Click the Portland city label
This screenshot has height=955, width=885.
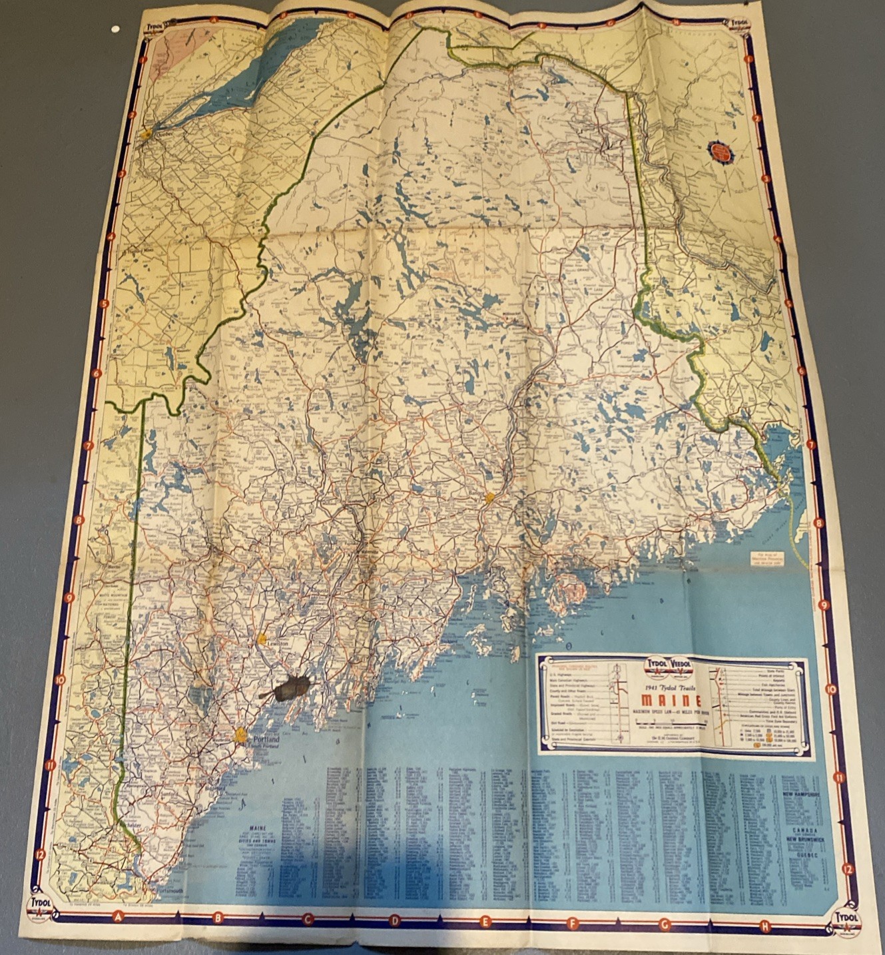pyautogui.click(x=266, y=740)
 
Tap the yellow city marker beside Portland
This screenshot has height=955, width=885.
pyautogui.click(x=241, y=735)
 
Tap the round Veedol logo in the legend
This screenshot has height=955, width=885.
pyautogui.click(x=682, y=665)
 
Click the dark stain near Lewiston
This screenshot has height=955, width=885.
pyautogui.click(x=290, y=688)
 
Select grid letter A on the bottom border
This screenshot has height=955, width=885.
pyautogui.click(x=119, y=916)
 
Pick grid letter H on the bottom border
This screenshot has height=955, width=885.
pyautogui.click(x=764, y=926)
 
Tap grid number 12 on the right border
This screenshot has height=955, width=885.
pyautogui.click(x=847, y=868)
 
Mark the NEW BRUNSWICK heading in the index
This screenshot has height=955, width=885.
pyautogui.click(x=808, y=840)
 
